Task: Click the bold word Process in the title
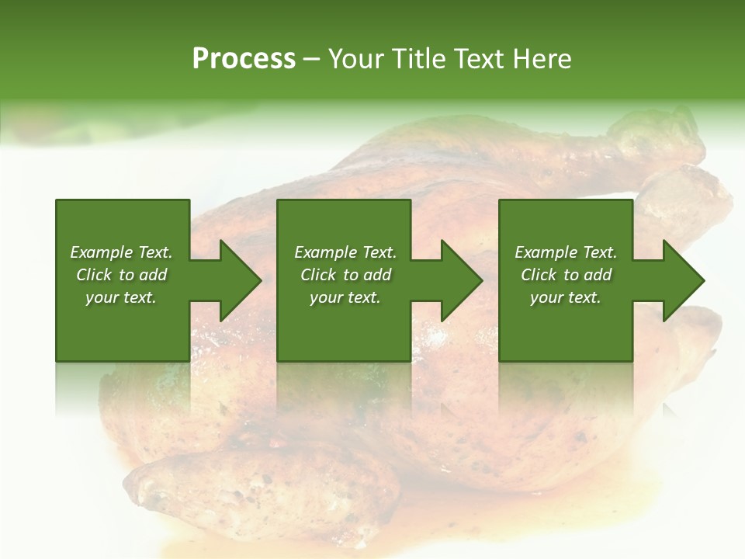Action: click(244, 59)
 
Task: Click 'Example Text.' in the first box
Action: click(121, 252)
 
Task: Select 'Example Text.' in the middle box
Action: click(345, 252)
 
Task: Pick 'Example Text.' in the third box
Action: click(566, 252)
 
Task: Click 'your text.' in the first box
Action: click(121, 297)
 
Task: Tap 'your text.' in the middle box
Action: click(345, 297)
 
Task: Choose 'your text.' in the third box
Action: click(566, 297)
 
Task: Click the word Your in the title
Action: click(355, 59)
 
